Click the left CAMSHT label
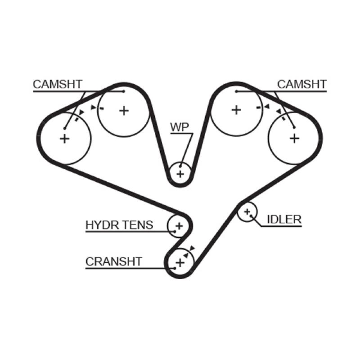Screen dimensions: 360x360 coord(58,84)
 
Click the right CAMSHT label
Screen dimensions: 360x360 coord(301,84)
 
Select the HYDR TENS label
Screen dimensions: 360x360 coord(119,225)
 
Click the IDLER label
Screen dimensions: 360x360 coord(284,219)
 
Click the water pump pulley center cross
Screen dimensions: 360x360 coord(180,174)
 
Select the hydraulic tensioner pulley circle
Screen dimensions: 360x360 coord(179,225)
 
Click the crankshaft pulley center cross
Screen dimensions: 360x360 coord(180,262)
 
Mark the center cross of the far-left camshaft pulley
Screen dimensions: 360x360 coord(65,138)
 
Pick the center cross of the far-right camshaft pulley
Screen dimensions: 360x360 coord(294,138)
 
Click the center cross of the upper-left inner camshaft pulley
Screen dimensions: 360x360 coord(124,110)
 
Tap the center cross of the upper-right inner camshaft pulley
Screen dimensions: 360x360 coord(236,109)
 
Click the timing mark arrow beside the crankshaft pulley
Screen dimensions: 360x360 coord(192,248)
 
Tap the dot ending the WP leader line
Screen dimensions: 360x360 coord(181,166)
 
